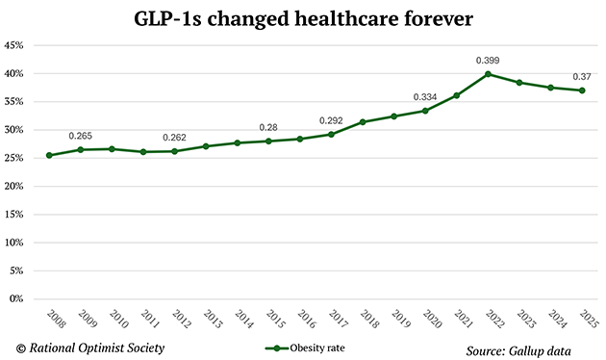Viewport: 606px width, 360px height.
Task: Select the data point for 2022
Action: pyautogui.click(x=489, y=74)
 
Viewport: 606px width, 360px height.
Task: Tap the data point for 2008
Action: pyautogui.click(x=49, y=155)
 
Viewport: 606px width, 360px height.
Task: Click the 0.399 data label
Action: pyautogui.click(x=489, y=60)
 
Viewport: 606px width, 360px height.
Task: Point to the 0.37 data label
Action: pyautogui.click(x=582, y=76)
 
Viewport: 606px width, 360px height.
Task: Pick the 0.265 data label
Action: pyautogui.click(x=80, y=135)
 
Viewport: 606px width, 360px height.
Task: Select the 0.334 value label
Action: pyautogui.click(x=426, y=97)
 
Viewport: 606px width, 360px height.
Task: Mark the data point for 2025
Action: pyautogui.click(x=583, y=90)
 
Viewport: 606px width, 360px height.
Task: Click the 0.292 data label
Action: pyautogui.click(x=332, y=120)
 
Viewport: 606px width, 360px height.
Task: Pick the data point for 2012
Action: pyautogui.click(x=175, y=151)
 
